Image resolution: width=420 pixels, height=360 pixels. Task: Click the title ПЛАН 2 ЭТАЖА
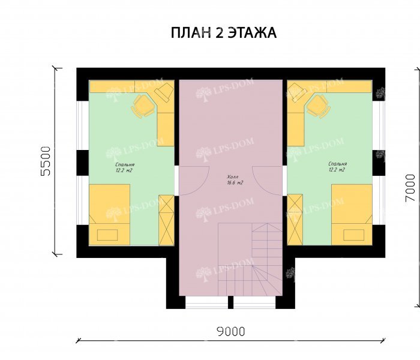pos(223,33)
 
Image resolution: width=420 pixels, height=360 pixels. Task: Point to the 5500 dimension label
pos(46,161)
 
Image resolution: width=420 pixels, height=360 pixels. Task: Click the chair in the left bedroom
pos(143,107)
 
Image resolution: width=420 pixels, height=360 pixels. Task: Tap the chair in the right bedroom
pos(318,107)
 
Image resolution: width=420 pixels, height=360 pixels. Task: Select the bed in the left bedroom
pos(110,214)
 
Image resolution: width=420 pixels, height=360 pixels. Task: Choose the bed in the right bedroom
pos(352,214)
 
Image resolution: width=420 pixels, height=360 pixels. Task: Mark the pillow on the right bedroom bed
pos(353,234)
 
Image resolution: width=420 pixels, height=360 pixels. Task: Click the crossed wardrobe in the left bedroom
pos(166,220)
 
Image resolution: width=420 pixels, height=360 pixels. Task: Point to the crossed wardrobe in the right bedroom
pos(295,220)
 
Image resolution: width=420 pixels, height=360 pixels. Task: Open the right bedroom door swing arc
pos(268,180)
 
